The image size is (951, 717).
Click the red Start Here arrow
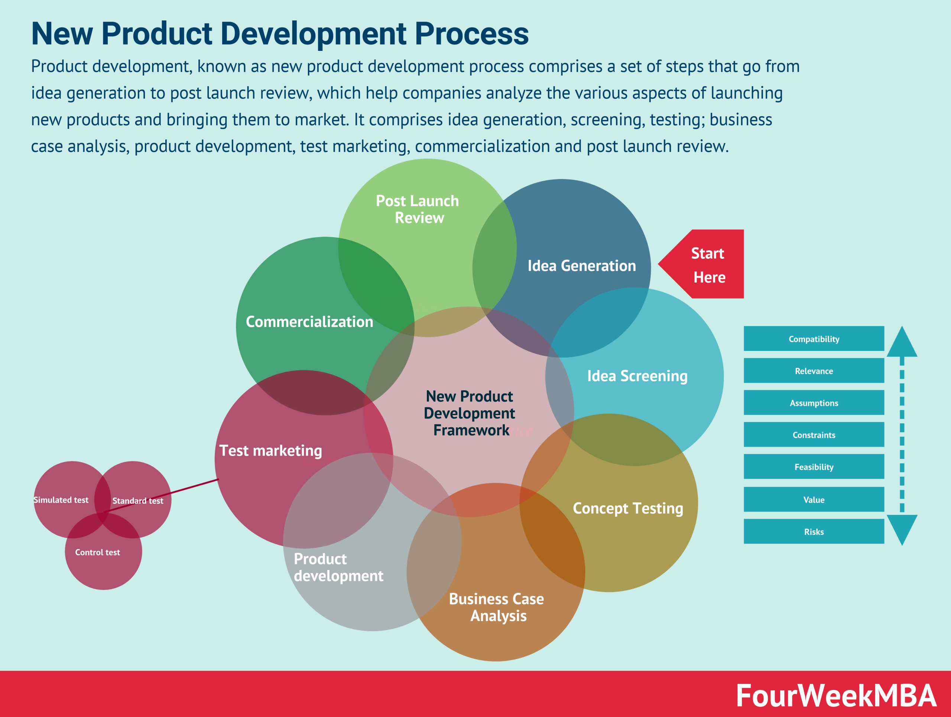coord(707,265)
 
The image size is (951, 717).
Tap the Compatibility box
coord(814,339)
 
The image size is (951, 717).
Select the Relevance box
coord(814,371)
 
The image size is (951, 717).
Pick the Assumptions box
coord(814,403)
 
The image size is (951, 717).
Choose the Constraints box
coord(814,435)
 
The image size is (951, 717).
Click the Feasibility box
coord(814,467)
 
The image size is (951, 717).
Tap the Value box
coord(814,500)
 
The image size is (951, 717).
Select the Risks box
coord(814,532)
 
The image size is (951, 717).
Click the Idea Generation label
coord(581,266)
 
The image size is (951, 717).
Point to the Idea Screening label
coord(637,376)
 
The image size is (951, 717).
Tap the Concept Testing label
coord(628,508)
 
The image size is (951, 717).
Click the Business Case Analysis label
coord(497,607)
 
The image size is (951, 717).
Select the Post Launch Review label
coord(418,209)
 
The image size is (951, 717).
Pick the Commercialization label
coord(309,322)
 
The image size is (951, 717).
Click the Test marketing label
coord(270,451)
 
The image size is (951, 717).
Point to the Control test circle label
coord(98,553)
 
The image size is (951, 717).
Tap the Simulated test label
coord(61,500)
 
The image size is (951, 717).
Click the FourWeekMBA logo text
coord(836,696)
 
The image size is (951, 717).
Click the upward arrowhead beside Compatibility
coord(902,342)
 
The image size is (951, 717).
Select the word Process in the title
coord(472,33)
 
